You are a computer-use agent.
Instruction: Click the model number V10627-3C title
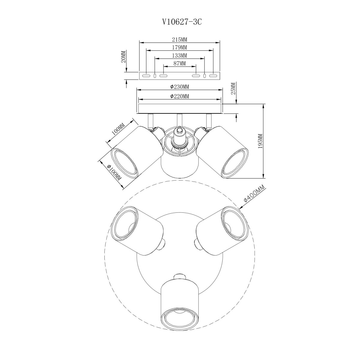(x=182, y=22)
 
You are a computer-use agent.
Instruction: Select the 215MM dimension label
(x=179, y=40)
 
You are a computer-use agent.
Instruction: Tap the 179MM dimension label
(x=179, y=47)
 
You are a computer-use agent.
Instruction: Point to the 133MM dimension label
(x=179, y=55)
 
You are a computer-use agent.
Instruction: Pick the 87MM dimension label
(x=179, y=64)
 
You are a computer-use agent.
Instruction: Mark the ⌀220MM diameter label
(x=179, y=96)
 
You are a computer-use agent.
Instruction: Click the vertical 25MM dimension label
(x=234, y=88)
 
